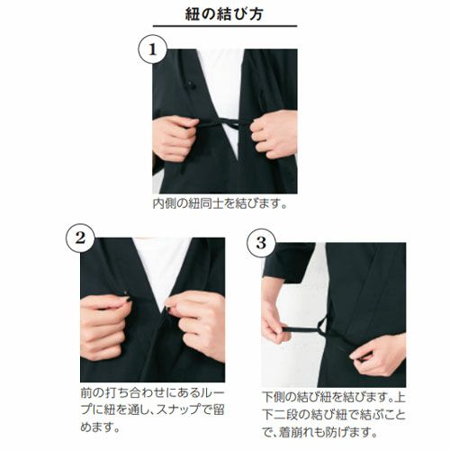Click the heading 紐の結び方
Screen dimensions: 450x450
(224, 14)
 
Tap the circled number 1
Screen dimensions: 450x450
(152, 49)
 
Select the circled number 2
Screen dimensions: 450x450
(80, 238)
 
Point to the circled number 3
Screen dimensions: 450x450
(261, 243)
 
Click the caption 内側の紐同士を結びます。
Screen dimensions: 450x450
(220, 203)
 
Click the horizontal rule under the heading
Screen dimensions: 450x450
(225, 26)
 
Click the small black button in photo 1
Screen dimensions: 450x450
(190, 85)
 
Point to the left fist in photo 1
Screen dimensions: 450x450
(174, 137)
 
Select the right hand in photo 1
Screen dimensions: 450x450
(274, 133)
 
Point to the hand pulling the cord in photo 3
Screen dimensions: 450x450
(274, 322)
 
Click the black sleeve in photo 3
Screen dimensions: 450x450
(289, 262)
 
